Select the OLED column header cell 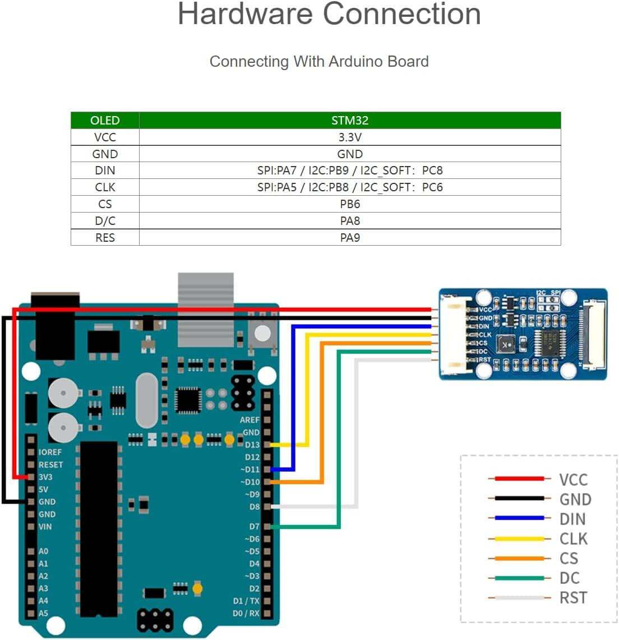[x=105, y=120]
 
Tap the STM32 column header [x=349, y=120]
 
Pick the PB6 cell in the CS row [x=349, y=204]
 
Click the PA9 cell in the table [x=349, y=238]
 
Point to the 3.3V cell [x=349, y=137]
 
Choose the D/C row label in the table [x=105, y=221]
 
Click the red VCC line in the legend [x=519, y=479]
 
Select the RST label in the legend [x=573, y=598]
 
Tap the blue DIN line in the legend [x=519, y=518]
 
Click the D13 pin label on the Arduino [x=252, y=445]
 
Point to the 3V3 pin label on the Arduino [x=45, y=477]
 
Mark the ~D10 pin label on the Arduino [x=250, y=482]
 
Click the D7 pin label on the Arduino [x=254, y=527]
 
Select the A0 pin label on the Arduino [x=43, y=551]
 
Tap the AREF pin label [x=250, y=420]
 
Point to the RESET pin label [x=50, y=464]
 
